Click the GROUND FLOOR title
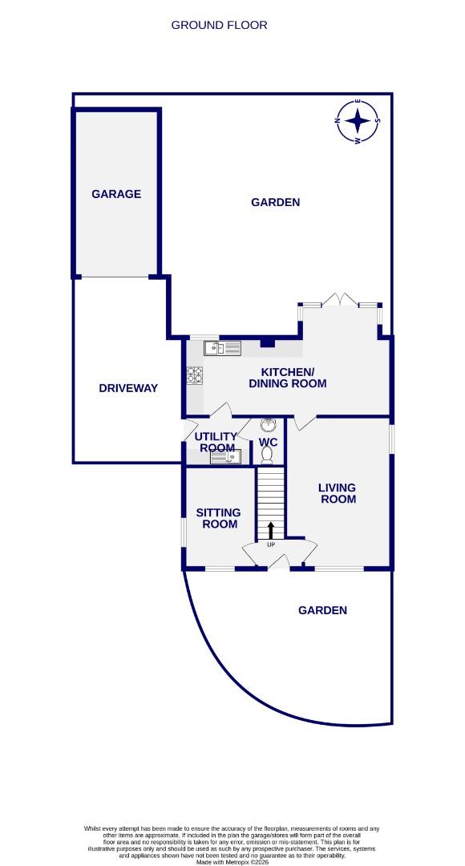coord(219,25)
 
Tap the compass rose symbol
coord(358,122)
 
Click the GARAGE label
coord(116,194)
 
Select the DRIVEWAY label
coord(128,388)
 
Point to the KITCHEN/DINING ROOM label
coord(293,378)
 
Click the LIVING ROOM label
coord(337,493)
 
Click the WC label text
coord(268,442)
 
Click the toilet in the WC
coord(268,455)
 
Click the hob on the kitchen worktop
coord(194,376)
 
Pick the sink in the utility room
coord(224,457)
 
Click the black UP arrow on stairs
coord(271,530)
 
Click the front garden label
coord(322,610)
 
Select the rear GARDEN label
coord(275,202)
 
